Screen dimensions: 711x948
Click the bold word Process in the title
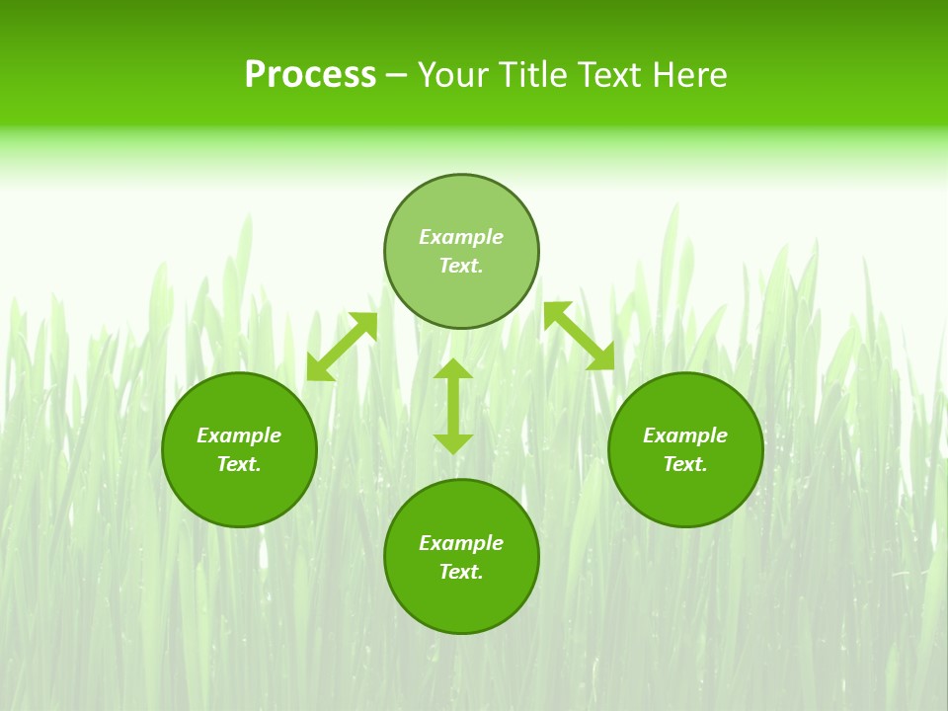310,75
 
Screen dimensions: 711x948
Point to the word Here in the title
690,75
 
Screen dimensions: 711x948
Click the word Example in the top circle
461,237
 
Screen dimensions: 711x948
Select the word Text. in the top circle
461,266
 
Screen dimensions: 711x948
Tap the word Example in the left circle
239,435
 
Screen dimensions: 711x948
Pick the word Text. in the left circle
239,464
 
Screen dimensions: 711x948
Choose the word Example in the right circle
685,435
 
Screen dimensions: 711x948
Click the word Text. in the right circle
685,464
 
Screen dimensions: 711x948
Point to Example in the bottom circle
461,543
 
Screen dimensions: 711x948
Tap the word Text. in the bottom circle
461,572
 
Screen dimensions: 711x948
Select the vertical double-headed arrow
453,406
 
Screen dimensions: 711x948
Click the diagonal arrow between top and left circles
342,347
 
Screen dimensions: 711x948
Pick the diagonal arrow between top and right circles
579,336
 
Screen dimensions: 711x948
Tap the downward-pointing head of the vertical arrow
453,442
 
